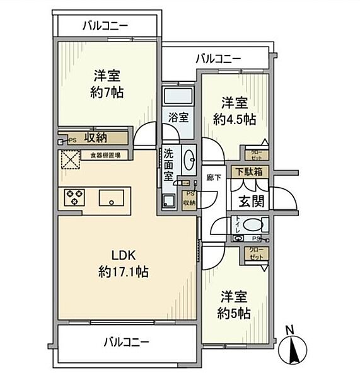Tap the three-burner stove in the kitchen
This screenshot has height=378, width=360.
pyautogui.click(x=74, y=198)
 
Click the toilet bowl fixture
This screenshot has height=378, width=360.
pyautogui.click(x=253, y=224)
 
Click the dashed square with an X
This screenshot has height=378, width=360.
pyautogui.click(x=69, y=161)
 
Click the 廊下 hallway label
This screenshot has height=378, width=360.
pyautogui.click(x=212, y=178)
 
